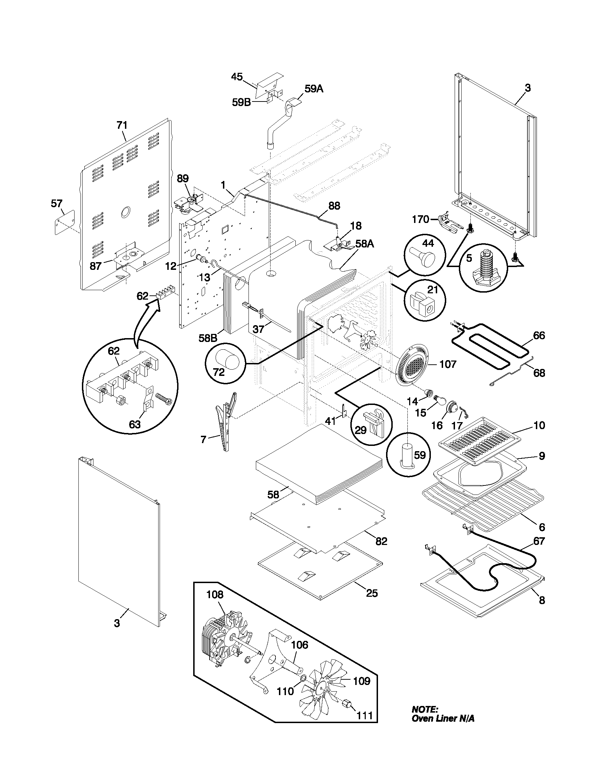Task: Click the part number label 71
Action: point(122,125)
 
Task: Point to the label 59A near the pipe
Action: point(314,89)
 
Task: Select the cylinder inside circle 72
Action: point(227,360)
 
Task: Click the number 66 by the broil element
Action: point(539,335)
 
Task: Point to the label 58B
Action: point(208,338)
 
